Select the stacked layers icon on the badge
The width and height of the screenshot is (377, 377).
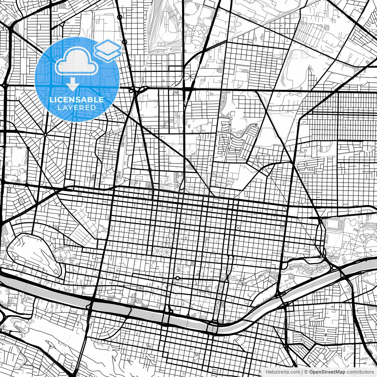coord(107,50)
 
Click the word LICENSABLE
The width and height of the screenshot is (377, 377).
coord(77,100)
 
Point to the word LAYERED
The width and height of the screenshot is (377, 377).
coord(77,108)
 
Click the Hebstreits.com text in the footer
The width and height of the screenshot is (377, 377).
coord(283,372)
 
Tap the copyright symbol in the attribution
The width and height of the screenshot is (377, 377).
coord(306,372)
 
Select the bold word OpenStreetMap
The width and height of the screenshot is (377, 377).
coord(327,372)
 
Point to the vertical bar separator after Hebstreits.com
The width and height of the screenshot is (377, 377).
coord(302,372)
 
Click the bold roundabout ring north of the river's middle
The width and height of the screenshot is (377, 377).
coord(178,278)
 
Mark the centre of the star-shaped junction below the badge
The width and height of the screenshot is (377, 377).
coord(45,135)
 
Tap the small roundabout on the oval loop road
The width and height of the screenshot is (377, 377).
coord(16,258)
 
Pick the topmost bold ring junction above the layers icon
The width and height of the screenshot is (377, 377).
coord(120,17)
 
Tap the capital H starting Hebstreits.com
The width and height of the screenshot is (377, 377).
coord(267,372)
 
